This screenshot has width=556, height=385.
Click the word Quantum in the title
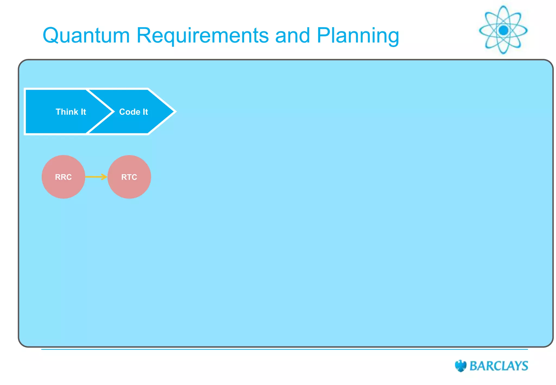click(86, 36)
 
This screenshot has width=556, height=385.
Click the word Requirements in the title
click(203, 36)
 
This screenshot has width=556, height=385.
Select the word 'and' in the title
click(293, 36)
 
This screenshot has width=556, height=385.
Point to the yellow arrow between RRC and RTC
click(96, 177)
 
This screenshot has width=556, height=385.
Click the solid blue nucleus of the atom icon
click(504, 30)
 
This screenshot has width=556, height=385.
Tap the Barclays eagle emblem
click(460, 366)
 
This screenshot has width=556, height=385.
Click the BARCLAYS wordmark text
click(499, 366)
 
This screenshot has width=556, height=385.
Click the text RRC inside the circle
click(63, 177)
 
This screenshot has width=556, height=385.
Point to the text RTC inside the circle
click(129, 177)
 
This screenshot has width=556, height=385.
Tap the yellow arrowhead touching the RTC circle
click(105, 177)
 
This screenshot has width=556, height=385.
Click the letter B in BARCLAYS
click(474, 366)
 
